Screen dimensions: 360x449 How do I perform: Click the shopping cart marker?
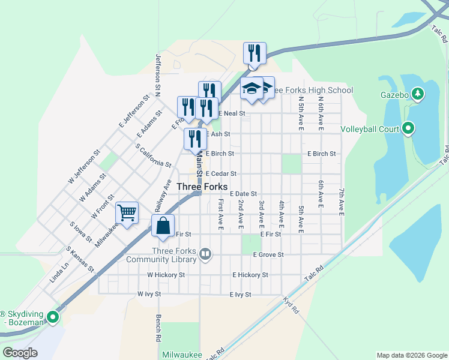coord(127,213)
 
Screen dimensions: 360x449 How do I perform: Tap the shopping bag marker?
coord(163,226)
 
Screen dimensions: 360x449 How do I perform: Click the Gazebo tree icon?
coord(418,94)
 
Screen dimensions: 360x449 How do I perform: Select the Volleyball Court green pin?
coord(408,128)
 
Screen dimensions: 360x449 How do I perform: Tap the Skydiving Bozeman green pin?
coord(53,317)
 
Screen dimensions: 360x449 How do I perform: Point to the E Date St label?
coord(243,194)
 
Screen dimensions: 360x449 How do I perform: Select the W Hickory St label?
coord(166,275)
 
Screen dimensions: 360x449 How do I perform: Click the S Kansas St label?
coord(80,259)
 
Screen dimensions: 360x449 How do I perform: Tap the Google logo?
coord(20,353)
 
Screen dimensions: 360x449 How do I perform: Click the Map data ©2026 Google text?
coord(411,355)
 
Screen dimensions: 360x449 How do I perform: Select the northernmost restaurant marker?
coord(255,53)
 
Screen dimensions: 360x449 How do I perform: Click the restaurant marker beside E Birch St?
coord(194,139)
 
